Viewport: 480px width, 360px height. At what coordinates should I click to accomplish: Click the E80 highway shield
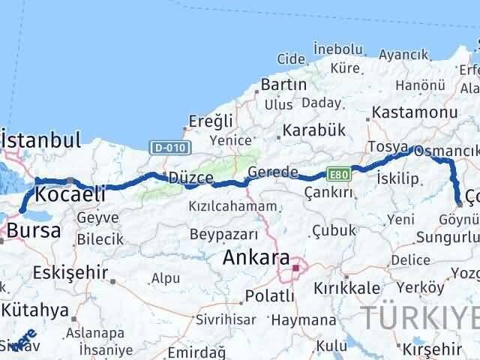click(338, 174)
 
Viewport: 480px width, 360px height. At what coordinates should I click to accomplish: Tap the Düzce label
click(190, 178)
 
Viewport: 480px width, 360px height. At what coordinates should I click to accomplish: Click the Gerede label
click(273, 172)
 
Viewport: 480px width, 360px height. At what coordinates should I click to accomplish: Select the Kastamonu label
click(414, 112)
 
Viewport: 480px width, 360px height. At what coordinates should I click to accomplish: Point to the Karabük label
click(314, 130)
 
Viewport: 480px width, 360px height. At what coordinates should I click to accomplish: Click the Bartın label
click(285, 85)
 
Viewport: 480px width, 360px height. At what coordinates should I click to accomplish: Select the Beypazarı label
click(224, 233)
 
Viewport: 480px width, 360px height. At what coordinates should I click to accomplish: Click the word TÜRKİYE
click(420, 316)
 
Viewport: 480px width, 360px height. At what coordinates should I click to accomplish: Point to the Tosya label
click(387, 147)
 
